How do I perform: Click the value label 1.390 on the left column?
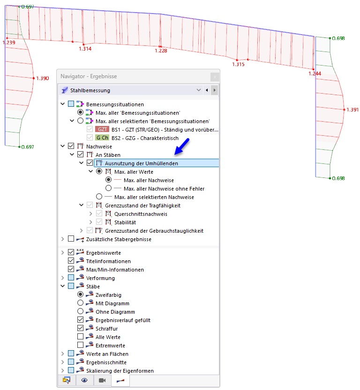pyautogui.click(x=43, y=78)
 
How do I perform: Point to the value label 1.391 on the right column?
pyautogui.click(x=352, y=110)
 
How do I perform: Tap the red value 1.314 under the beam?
pyautogui.click(x=85, y=49)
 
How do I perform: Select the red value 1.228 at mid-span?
pyautogui.click(x=161, y=51)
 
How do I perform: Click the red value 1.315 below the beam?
pyautogui.click(x=238, y=64)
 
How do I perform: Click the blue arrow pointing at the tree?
pyautogui.click(x=182, y=147)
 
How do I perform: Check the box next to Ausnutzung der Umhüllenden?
pyautogui.click(x=90, y=163)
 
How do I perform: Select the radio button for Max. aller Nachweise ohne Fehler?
pyautogui.click(x=109, y=188)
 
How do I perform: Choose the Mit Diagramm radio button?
pyautogui.click(x=80, y=303)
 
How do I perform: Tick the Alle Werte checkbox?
pyautogui.click(x=80, y=337)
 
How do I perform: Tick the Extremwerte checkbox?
pyautogui.click(x=80, y=345)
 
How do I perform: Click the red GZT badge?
pyautogui.click(x=102, y=129)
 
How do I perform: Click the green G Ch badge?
pyautogui.click(x=102, y=138)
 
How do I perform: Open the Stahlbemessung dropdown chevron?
pyautogui.click(x=199, y=90)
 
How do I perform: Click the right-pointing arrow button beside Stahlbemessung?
pyautogui.click(x=214, y=90)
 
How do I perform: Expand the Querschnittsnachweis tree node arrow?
pyautogui.click(x=90, y=213)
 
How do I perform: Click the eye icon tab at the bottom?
pyautogui.click(x=84, y=380)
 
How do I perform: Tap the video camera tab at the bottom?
pyautogui.click(x=102, y=380)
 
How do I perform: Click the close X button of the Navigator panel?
pyautogui.click(x=215, y=77)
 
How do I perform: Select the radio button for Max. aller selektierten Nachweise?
pyautogui.click(x=99, y=197)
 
